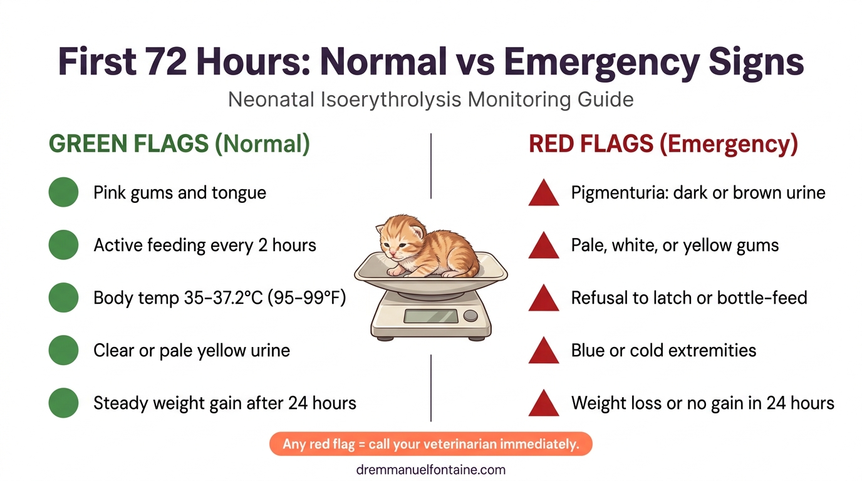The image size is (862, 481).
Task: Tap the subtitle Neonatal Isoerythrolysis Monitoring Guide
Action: [430, 100]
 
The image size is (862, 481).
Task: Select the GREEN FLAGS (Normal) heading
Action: [179, 143]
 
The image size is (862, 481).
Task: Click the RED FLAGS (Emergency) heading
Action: [663, 143]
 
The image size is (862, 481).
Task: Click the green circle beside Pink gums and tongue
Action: [63, 192]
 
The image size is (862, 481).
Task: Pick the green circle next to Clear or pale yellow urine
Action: [63, 350]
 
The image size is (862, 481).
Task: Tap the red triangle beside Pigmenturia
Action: [543, 193]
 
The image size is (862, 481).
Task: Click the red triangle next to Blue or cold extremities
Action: [543, 351]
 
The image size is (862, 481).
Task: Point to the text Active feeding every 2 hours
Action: [205, 245]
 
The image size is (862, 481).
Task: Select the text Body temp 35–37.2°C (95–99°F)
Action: [219, 297]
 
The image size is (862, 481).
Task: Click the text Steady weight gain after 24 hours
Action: [224, 403]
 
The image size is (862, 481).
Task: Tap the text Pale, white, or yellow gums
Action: [675, 245]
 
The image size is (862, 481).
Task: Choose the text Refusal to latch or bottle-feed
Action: [688, 297]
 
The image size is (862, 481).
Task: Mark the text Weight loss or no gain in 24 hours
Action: [702, 403]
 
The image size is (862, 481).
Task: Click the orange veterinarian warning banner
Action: [430, 444]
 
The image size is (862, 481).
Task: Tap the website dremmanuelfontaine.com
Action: [430, 469]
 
